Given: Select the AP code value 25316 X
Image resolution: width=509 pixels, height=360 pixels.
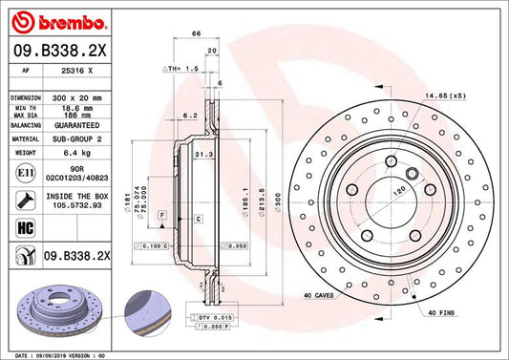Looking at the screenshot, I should pyautogui.click(x=78, y=71).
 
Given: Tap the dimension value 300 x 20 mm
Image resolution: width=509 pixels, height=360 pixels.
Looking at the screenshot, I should pyautogui.click(x=78, y=98).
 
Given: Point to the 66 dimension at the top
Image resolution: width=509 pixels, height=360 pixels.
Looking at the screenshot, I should pyautogui.click(x=196, y=33).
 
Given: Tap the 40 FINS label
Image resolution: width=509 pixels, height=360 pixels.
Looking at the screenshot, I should pyautogui.click(x=442, y=314).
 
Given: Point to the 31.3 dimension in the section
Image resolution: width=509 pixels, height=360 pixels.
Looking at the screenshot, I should pyautogui.click(x=202, y=155).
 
